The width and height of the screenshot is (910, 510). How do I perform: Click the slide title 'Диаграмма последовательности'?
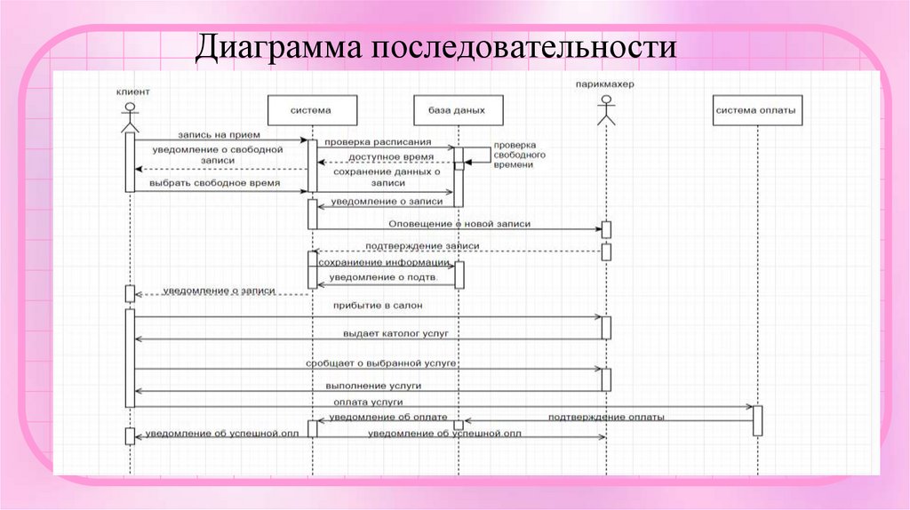[437, 47]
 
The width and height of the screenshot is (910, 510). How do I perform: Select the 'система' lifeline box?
[312, 110]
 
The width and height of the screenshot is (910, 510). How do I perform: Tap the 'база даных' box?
[456, 110]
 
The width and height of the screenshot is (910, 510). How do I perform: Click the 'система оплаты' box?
[757, 110]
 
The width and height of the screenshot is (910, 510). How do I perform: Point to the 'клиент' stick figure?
[130, 115]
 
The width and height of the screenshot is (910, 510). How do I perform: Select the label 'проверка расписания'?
[377, 142]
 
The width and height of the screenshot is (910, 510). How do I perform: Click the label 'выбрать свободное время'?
[216, 182]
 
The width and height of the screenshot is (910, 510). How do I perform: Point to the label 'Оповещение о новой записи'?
[459, 224]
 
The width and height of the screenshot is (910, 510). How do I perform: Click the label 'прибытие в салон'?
[378, 306]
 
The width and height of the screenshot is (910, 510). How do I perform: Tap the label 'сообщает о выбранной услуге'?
[381, 363]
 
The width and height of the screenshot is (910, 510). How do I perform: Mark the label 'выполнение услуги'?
[374, 386]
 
